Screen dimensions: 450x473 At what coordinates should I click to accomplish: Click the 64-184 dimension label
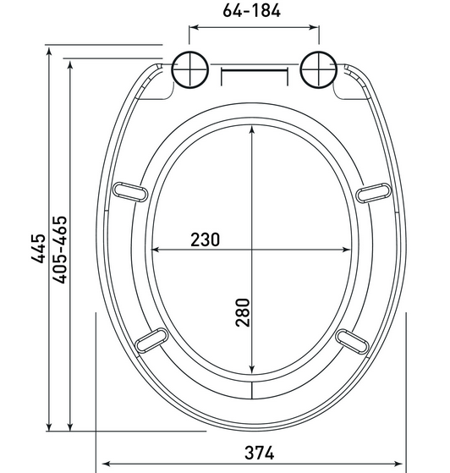pyautogui.click(x=251, y=11)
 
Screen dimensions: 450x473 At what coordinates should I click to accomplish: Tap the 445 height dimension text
pyautogui.click(x=39, y=248)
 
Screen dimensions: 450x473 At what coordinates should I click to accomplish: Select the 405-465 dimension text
pyautogui.click(x=59, y=250)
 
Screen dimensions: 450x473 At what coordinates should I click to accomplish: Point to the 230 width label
pyautogui.click(x=205, y=239)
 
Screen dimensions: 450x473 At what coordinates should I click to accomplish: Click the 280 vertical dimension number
pyautogui.click(x=243, y=312)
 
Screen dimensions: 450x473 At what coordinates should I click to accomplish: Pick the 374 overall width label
pyautogui.click(x=260, y=453)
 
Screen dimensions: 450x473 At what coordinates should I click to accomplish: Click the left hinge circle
pyautogui.click(x=190, y=69)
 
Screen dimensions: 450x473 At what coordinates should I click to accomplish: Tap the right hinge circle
pyautogui.click(x=319, y=69)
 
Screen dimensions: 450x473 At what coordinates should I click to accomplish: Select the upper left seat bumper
pyautogui.click(x=130, y=192)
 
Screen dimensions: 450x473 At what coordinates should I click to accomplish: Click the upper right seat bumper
pyautogui.click(x=373, y=193)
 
